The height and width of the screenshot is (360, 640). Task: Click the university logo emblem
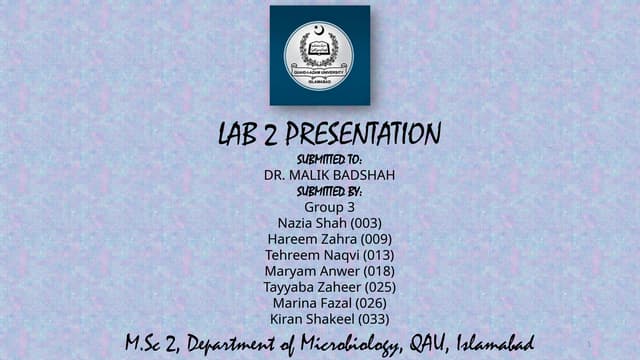coord(318,56)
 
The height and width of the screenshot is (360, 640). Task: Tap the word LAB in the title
coord(236,134)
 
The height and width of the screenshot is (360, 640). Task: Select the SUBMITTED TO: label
coord(329,159)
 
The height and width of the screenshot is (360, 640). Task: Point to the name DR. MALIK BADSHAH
coord(329,175)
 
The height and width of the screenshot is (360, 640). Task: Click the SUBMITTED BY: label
coord(329,191)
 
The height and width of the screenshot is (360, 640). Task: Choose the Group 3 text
coord(329,207)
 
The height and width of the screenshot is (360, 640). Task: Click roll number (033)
coord(372,319)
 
